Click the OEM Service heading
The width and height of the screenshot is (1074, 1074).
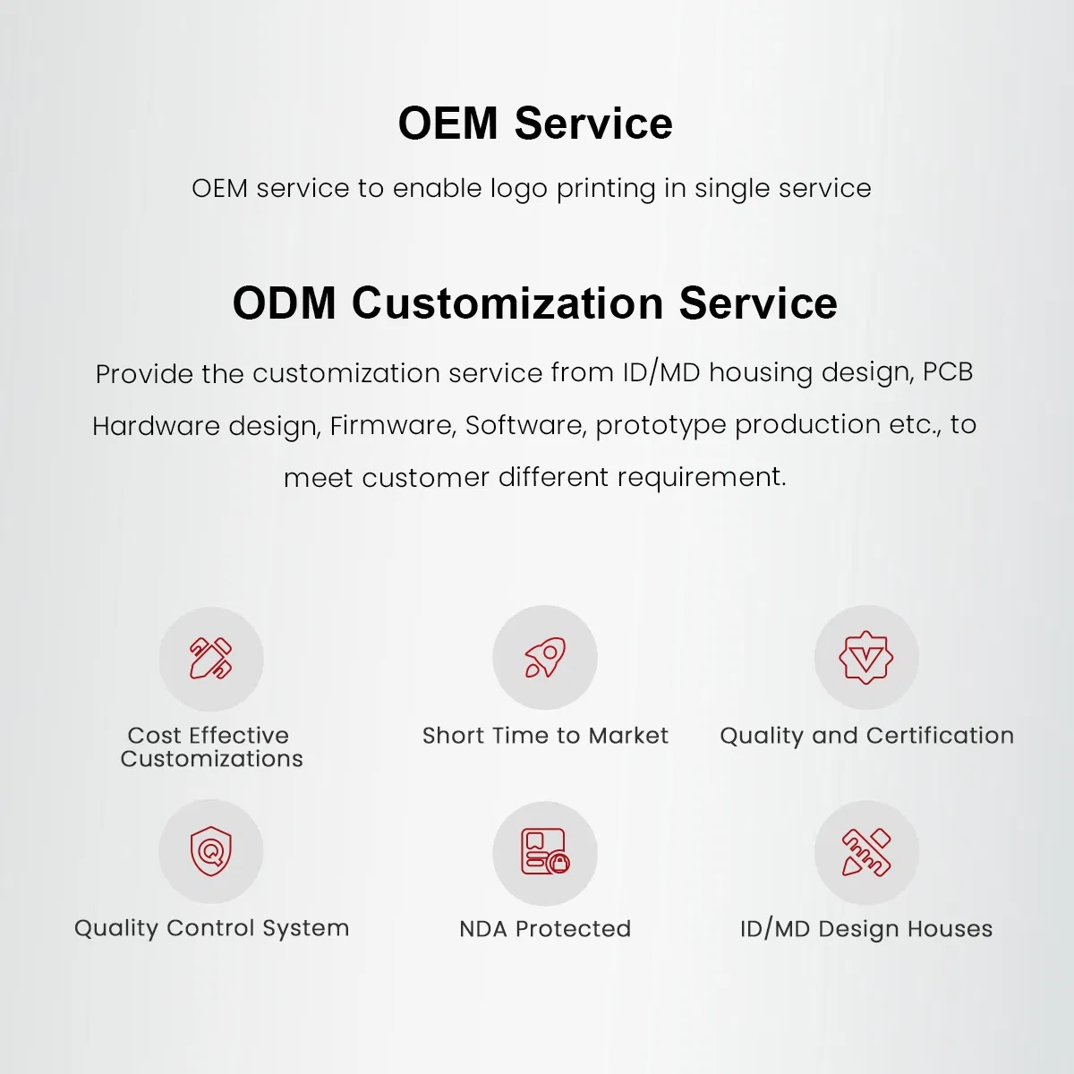pos(535,124)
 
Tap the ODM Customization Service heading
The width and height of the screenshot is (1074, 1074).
pos(535,303)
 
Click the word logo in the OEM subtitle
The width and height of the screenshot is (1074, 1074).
pos(518,190)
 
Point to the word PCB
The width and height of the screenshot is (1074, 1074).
pos(948,371)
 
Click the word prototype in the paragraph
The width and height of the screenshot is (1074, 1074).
pos(661,425)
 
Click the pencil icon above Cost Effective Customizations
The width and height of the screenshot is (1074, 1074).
pos(211,659)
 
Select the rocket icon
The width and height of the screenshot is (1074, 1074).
pos(545,658)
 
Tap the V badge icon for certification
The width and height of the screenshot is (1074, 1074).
pos(866,658)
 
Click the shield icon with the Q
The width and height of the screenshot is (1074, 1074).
pos(211,851)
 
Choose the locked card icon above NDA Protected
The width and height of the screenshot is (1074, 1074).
pos(545,852)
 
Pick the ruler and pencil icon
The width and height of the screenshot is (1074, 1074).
pos(866,852)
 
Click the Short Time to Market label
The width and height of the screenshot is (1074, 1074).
pos(545,736)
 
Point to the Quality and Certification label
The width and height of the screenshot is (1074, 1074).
pos(866,736)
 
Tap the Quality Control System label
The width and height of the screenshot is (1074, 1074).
pos(211,928)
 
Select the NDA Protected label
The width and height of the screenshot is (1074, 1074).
pos(545,929)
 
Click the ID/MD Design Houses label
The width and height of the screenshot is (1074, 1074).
pos(866,929)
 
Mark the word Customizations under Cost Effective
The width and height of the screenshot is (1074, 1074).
pos(212,759)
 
